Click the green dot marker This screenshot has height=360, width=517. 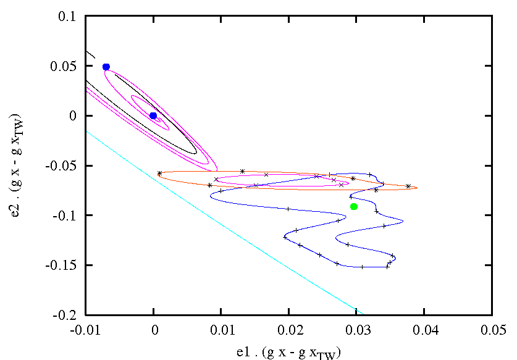(x=354, y=206)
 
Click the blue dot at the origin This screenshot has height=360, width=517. (x=153, y=115)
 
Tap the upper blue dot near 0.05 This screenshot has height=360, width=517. (x=106, y=67)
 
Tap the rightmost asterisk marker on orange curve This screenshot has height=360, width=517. (x=408, y=186)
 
